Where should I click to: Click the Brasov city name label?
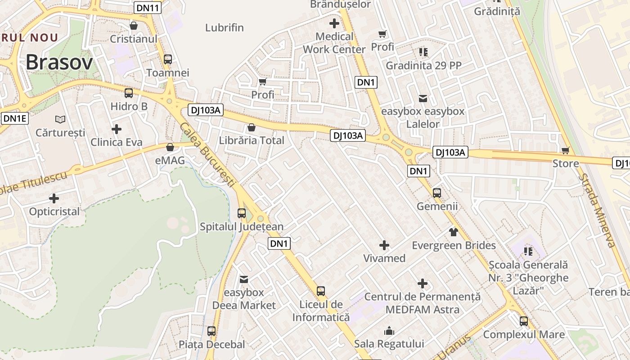(x=59, y=63)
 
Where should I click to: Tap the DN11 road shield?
(x=147, y=8)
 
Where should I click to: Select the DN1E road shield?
(x=15, y=118)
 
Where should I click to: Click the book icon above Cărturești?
(x=60, y=119)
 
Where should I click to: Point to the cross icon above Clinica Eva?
(x=117, y=129)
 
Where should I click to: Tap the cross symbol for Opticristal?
(x=54, y=198)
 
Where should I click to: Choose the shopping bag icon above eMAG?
(x=170, y=147)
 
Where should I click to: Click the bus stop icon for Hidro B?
(x=129, y=93)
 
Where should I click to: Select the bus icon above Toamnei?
(x=168, y=59)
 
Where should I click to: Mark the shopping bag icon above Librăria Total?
(x=252, y=127)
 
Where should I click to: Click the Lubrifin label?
(x=225, y=27)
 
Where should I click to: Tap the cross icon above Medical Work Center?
(x=334, y=23)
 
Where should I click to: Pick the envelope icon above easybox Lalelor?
(x=423, y=98)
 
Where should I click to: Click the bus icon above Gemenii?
(x=436, y=193)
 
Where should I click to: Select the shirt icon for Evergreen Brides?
(x=453, y=232)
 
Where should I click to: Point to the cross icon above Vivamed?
(x=384, y=245)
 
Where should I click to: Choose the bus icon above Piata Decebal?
(x=211, y=331)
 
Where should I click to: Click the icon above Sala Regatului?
(x=389, y=331)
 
